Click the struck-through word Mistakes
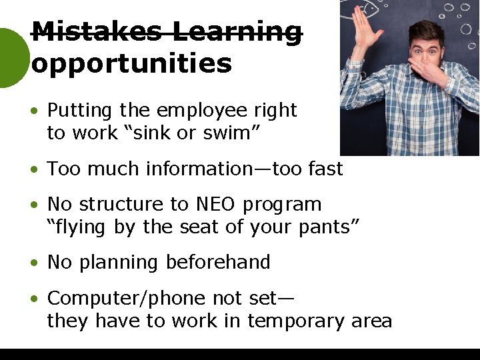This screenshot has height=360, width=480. click(97, 31)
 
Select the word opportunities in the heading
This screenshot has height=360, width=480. click(131, 63)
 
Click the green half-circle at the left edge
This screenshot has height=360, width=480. click(12, 58)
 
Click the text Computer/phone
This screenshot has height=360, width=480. click(127, 297)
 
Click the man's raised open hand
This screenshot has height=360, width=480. click(363, 27)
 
